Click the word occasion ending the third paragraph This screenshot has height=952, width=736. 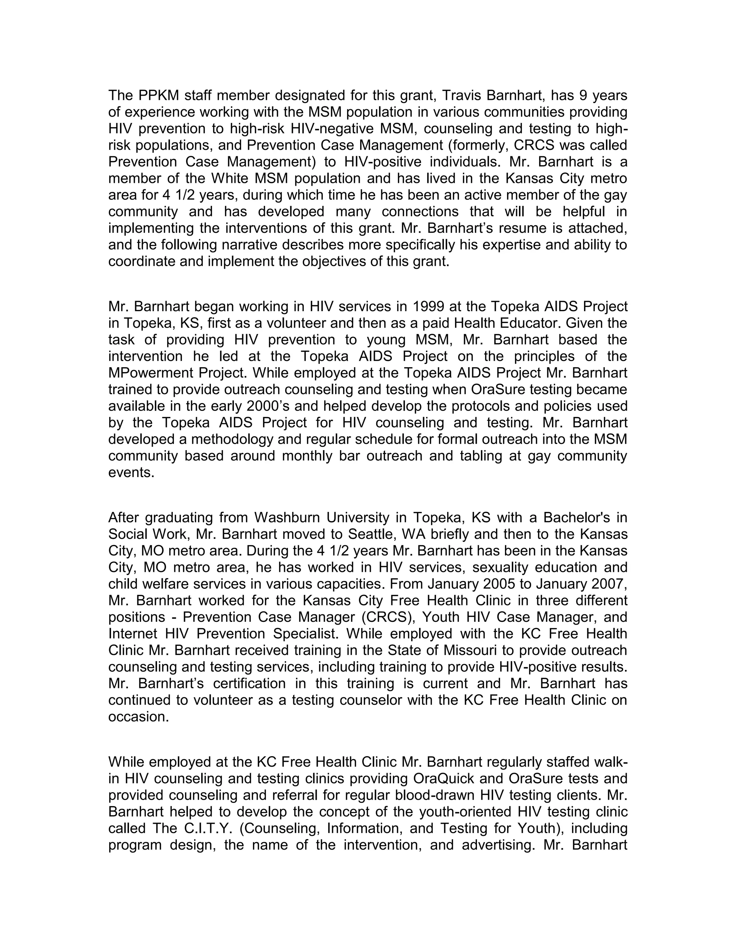pyautogui.click(x=138, y=716)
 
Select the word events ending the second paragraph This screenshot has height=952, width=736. pyautogui.click(x=131, y=472)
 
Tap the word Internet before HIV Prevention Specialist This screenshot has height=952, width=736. pyautogui.click(x=133, y=633)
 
